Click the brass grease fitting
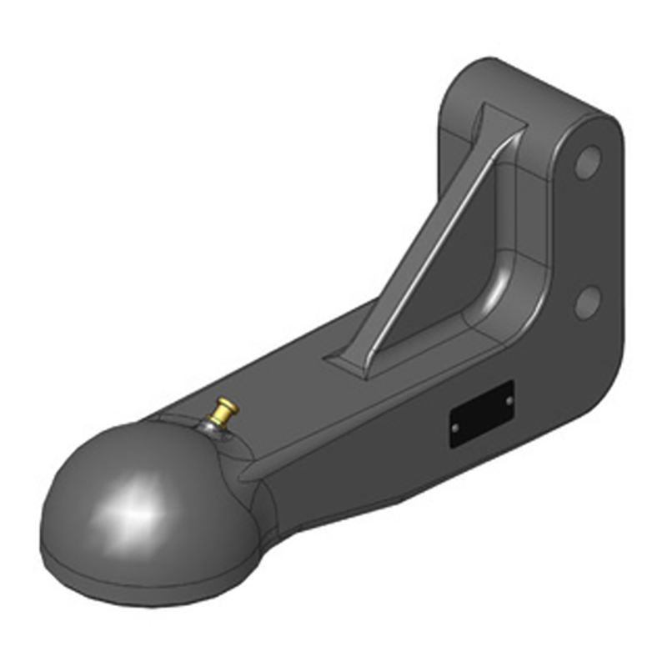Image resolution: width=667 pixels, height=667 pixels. [224, 410]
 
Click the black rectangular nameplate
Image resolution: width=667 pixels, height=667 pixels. [481, 414]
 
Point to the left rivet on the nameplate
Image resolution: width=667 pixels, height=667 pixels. [455, 427]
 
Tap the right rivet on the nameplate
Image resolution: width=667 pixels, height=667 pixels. [508, 400]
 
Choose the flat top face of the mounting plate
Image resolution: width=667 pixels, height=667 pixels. [534, 83]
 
